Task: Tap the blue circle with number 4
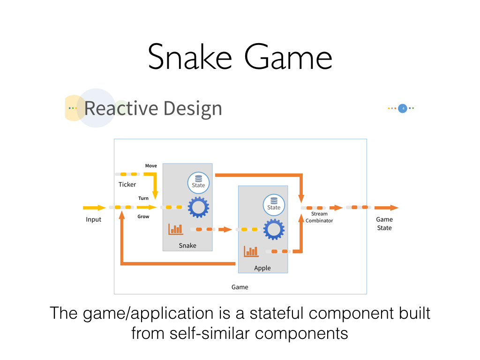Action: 403,108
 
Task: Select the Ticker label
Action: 127,184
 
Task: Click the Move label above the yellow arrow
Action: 151,166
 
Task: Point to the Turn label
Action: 143,198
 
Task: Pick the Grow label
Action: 143,217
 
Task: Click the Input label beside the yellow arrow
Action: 93,219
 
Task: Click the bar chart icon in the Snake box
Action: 175,229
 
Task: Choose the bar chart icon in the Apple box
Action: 251,251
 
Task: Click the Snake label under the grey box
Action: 187,245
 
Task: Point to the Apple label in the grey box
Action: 262,268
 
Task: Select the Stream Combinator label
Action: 319,217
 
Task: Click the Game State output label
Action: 384,224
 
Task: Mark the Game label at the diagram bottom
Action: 240,287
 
